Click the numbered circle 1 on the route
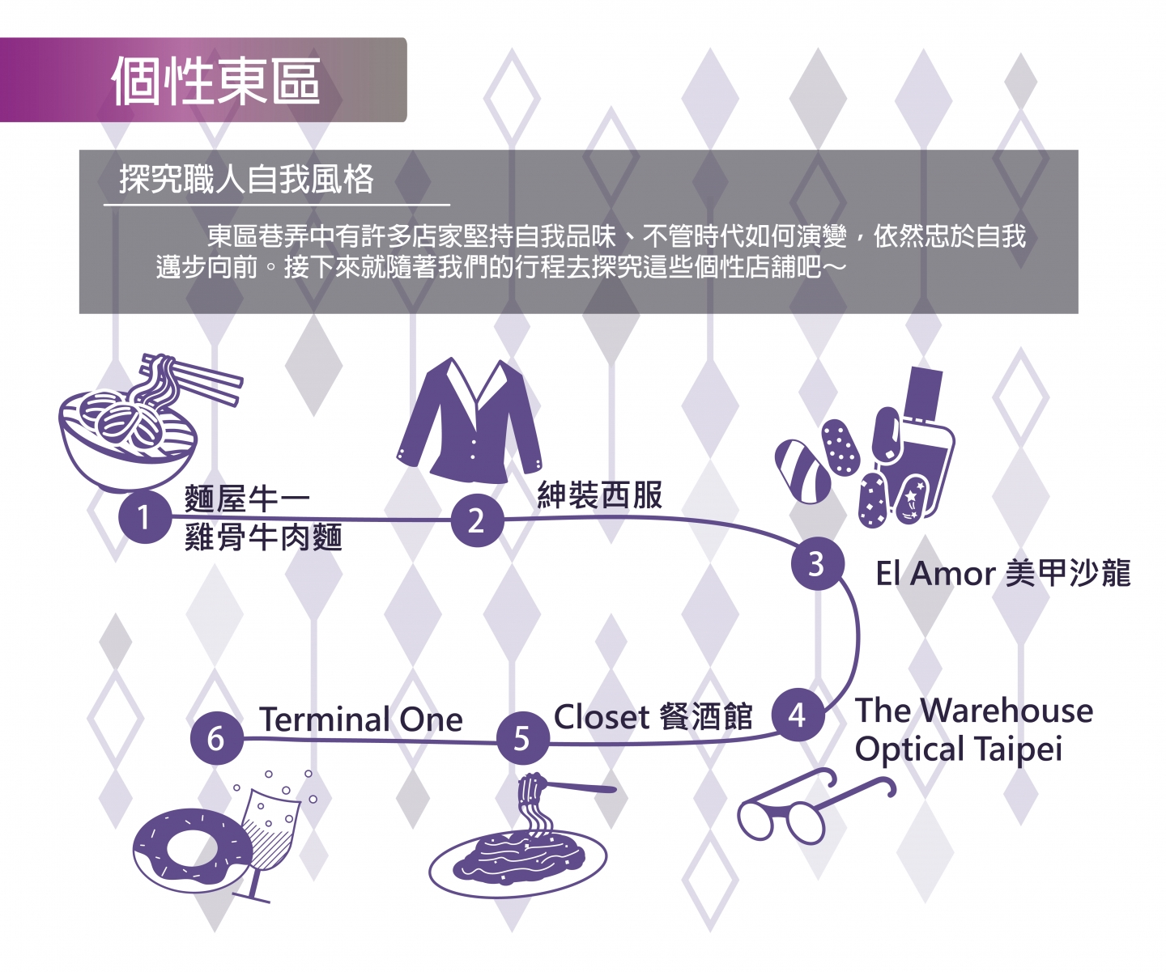coord(145,517)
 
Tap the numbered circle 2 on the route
coord(477,520)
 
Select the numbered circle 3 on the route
coord(817,564)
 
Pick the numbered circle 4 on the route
coord(798,715)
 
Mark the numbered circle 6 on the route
coord(217,738)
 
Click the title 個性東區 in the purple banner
coord(215,82)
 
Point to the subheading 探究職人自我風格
coord(246,179)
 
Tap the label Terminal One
coord(361,719)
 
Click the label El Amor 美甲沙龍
coord(1003,573)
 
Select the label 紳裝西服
coord(600,495)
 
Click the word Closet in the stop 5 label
coord(602,717)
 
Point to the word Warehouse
coord(1006,711)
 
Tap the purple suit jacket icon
coord(469,420)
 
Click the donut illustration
coord(193,849)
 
